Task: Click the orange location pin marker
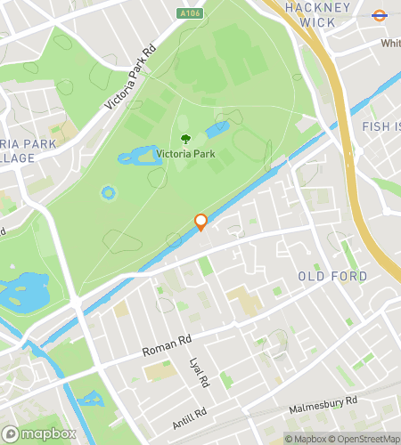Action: (x=201, y=222)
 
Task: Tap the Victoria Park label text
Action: (x=185, y=153)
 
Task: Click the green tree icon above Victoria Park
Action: (x=185, y=138)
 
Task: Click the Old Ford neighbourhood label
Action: (x=332, y=277)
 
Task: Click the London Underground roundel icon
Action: (x=378, y=14)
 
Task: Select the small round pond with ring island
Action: (x=109, y=192)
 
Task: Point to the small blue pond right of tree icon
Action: (x=217, y=130)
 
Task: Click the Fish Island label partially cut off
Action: (x=381, y=127)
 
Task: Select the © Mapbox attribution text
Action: (x=306, y=438)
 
